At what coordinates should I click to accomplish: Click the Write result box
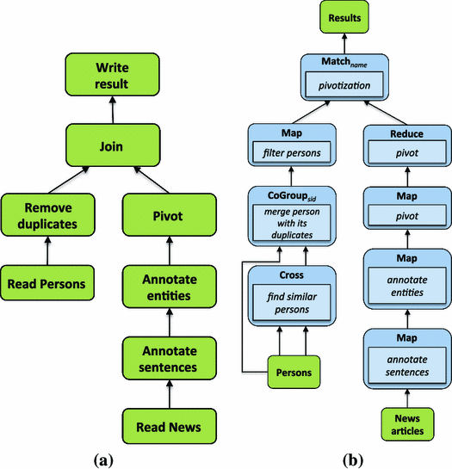click(x=112, y=77)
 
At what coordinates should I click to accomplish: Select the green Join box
click(x=111, y=145)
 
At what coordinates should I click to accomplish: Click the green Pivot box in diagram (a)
click(x=170, y=215)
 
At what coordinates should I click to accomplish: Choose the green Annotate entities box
click(x=170, y=285)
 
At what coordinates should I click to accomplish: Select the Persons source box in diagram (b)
click(x=284, y=373)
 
